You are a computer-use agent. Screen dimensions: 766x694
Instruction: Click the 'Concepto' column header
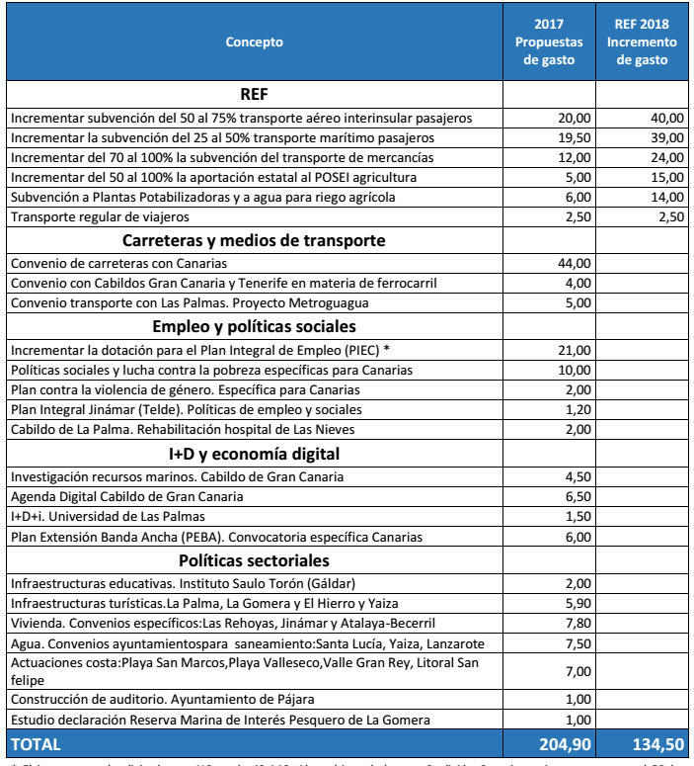(254, 42)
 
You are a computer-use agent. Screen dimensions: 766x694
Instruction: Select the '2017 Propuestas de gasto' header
(549, 42)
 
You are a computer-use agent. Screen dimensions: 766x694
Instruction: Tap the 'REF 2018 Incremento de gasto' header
(642, 42)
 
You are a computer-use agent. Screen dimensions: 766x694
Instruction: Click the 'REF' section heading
(254, 95)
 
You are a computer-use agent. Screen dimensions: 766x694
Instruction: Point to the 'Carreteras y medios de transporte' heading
(254, 240)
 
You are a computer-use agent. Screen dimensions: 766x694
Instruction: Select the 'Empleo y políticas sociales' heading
(254, 326)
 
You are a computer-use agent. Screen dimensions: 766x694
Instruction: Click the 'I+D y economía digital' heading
(254, 454)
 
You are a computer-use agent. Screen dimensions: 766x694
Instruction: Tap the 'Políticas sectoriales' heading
(254, 560)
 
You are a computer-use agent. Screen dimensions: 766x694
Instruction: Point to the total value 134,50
(656, 743)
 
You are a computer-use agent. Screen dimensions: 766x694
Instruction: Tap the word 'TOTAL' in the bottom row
(35, 743)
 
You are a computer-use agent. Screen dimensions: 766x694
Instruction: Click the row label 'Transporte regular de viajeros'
(98, 216)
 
